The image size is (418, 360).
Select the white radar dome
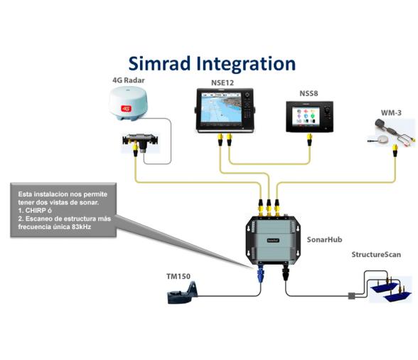tap(127, 106)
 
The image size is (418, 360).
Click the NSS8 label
tap(309, 94)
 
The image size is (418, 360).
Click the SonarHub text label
tap(323, 241)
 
